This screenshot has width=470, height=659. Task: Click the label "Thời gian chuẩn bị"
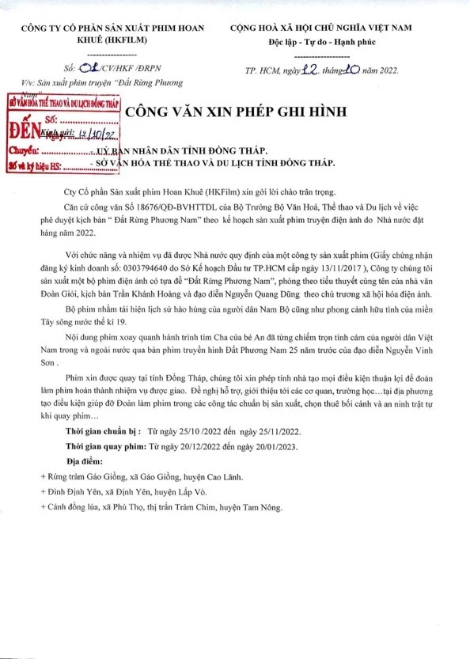[106, 434]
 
